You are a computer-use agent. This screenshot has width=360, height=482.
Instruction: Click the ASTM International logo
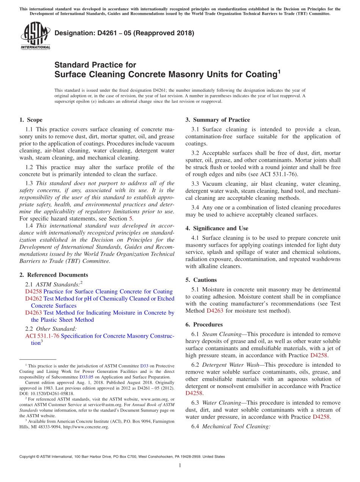pos(35,36)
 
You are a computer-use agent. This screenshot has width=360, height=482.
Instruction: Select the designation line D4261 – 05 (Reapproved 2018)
pos(124,33)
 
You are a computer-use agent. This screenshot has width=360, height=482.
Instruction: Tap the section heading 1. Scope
pos(31,120)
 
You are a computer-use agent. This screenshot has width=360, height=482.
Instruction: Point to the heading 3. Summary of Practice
pos(218,120)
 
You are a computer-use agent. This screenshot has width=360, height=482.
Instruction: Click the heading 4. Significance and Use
pos(217,228)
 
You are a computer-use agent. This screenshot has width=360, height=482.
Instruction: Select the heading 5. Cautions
pos(201,280)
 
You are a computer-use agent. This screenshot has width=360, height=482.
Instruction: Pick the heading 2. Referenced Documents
pos(53,275)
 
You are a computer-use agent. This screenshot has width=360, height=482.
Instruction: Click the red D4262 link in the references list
pos(34,299)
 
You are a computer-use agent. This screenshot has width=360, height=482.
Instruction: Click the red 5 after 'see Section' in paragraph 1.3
pos(131,218)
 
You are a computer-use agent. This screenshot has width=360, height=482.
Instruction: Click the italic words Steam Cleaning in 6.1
pos(222,334)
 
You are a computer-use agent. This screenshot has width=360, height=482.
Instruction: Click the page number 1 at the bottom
pos(180,465)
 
